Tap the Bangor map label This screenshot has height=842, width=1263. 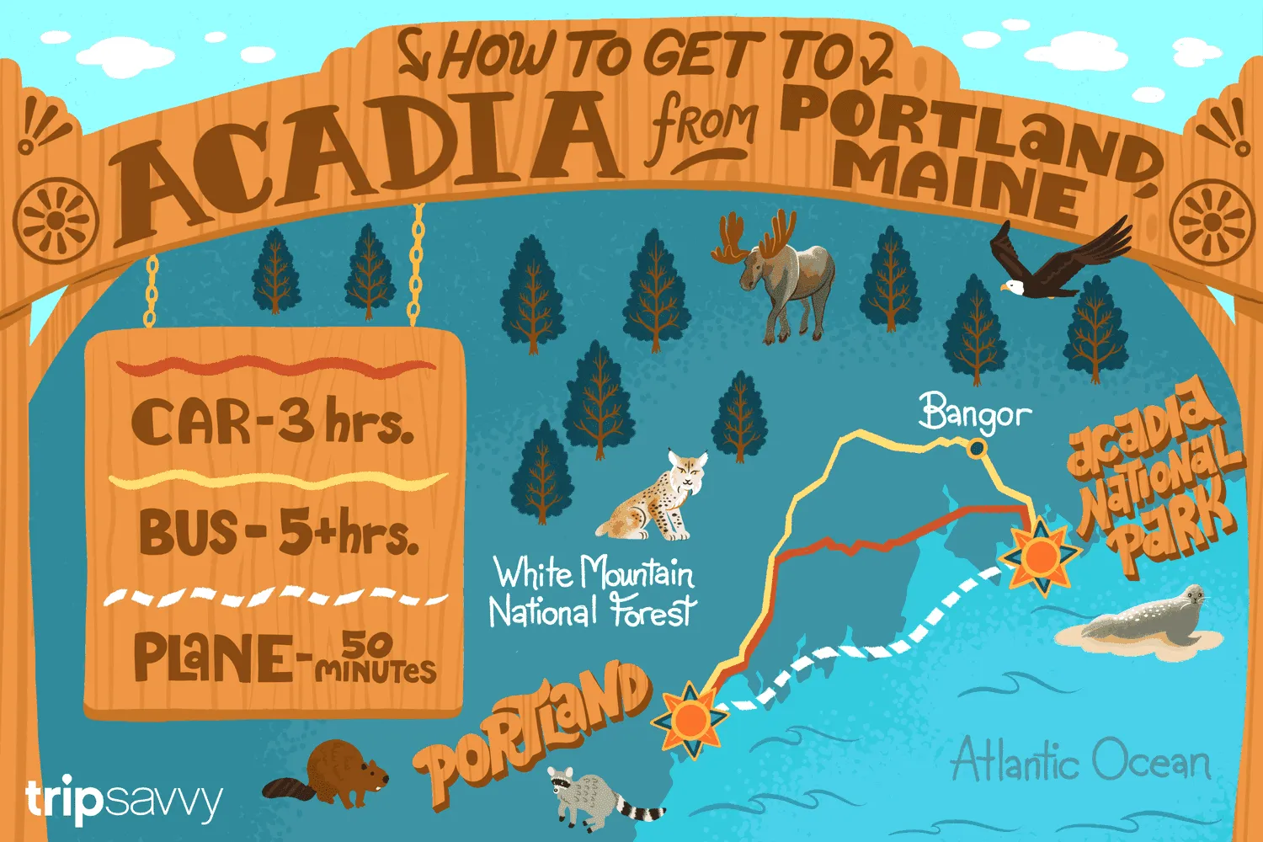pos(974,413)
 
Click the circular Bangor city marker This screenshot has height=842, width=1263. pos(977,449)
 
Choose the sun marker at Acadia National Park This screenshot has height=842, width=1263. pos(1041,556)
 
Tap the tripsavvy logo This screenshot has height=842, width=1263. pos(124,800)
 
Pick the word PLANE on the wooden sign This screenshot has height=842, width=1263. pos(215,657)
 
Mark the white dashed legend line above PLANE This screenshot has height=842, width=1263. pos(275,597)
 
